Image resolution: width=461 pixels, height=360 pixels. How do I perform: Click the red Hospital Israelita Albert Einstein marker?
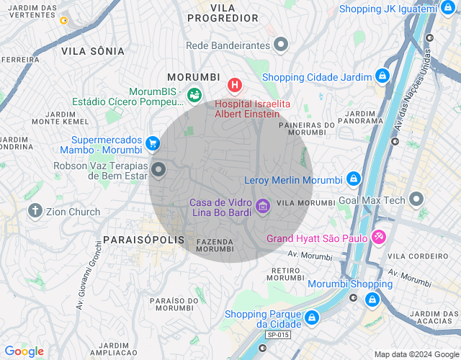[x=234, y=86]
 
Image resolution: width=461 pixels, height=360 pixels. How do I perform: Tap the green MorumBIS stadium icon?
[x=194, y=94]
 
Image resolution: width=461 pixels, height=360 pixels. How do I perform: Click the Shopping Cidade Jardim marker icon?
[x=382, y=76]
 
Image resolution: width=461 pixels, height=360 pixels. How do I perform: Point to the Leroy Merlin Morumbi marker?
[x=353, y=179]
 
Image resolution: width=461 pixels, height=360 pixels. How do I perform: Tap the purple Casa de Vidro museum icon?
[x=263, y=207]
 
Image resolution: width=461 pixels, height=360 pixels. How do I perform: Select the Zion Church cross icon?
[x=35, y=211]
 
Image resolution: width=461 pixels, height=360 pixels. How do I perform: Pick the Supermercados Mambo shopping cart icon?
[x=152, y=144]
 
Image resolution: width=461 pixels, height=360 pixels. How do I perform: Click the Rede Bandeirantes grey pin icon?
[x=281, y=45]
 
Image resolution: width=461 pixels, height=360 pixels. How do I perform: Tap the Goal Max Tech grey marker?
[x=416, y=199]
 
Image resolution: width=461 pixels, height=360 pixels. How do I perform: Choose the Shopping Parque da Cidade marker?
[x=311, y=317]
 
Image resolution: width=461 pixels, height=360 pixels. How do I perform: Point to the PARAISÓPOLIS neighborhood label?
[x=144, y=239]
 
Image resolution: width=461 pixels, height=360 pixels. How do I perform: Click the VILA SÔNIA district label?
[x=93, y=51]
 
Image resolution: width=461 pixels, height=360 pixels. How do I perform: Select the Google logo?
[x=24, y=351]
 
